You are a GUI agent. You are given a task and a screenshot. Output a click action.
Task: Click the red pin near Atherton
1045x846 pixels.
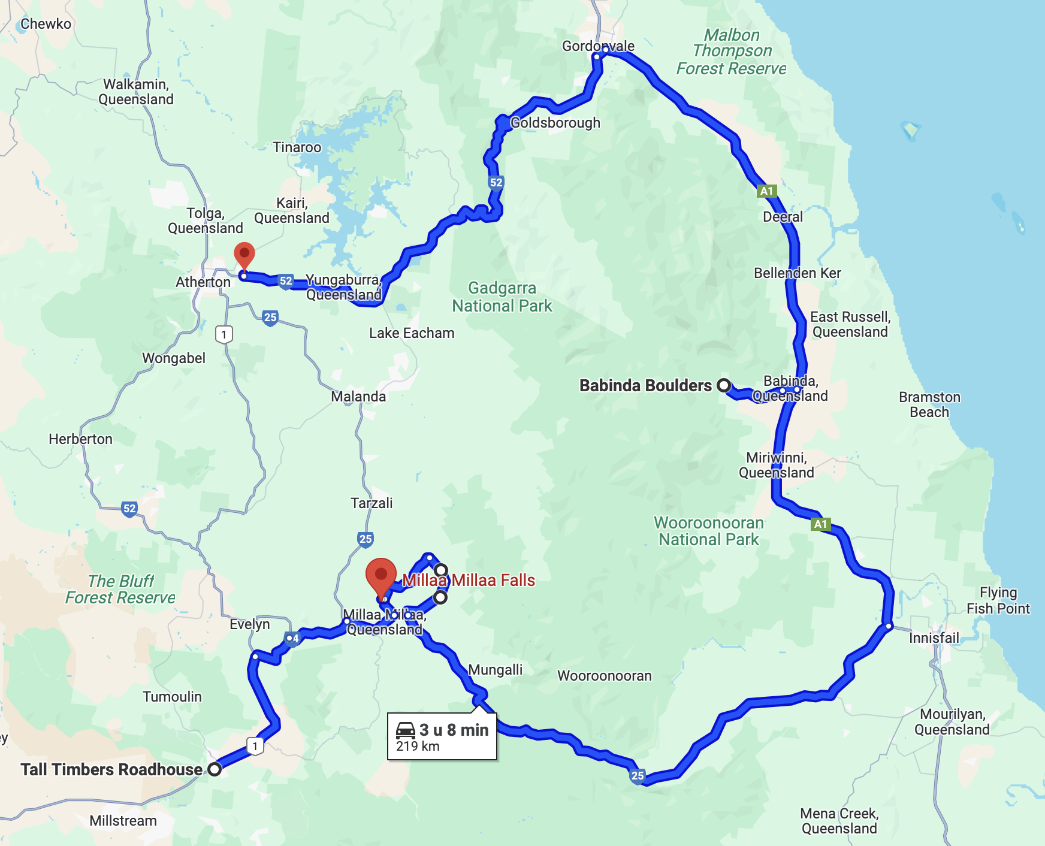tap(244, 254)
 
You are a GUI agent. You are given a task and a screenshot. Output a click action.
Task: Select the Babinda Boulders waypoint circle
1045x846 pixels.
tap(724, 385)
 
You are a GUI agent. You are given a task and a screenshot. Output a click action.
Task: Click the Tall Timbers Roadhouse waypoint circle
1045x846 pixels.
tap(215, 769)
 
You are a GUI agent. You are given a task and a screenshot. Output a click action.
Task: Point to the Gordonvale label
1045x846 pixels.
tap(598, 46)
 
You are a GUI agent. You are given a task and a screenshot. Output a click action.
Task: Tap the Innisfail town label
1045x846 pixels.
tap(934, 637)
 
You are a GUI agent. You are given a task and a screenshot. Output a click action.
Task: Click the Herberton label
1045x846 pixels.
tap(80, 439)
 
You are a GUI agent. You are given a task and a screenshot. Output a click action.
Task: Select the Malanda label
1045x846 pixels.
tap(358, 397)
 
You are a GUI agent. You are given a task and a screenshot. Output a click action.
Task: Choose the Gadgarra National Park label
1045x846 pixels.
tap(502, 297)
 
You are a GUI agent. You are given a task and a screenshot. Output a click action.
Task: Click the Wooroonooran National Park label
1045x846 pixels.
tap(709, 531)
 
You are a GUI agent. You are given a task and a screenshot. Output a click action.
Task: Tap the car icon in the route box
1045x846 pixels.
tap(406, 730)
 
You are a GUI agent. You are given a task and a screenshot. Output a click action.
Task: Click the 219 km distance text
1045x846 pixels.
tap(418, 747)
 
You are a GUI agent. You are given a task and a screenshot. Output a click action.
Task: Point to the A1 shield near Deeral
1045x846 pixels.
tap(766, 191)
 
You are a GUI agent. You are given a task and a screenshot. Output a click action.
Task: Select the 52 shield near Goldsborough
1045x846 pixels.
tap(496, 182)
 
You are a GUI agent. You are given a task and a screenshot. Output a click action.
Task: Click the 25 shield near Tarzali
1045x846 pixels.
tap(366, 539)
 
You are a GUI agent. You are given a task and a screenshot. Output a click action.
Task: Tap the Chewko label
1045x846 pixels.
tap(46, 24)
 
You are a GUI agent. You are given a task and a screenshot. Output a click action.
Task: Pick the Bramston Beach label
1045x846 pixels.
tap(929, 404)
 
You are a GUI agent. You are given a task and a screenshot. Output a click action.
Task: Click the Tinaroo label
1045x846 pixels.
tap(297, 147)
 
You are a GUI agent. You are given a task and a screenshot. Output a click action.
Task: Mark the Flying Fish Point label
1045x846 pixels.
tap(998, 600)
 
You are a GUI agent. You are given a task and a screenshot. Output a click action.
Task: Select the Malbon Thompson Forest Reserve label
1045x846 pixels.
tap(732, 52)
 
